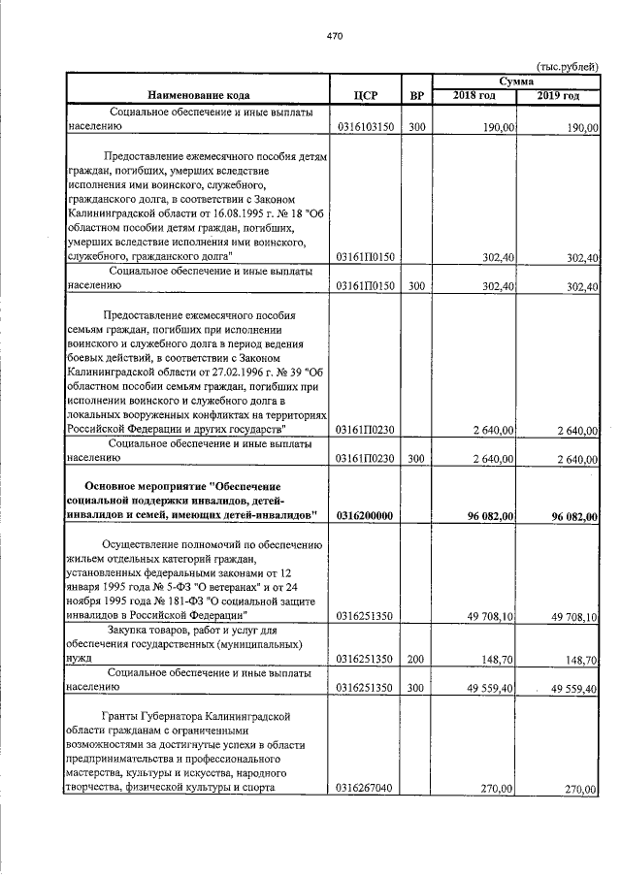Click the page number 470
[x=335, y=36]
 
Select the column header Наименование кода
[x=199, y=95]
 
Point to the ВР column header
[x=416, y=95]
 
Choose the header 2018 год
[x=475, y=95]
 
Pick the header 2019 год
[x=559, y=95]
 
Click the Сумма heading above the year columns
[x=517, y=81]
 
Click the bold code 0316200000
[x=366, y=516]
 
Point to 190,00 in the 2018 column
[x=501, y=128]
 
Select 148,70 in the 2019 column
[x=580, y=660]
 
